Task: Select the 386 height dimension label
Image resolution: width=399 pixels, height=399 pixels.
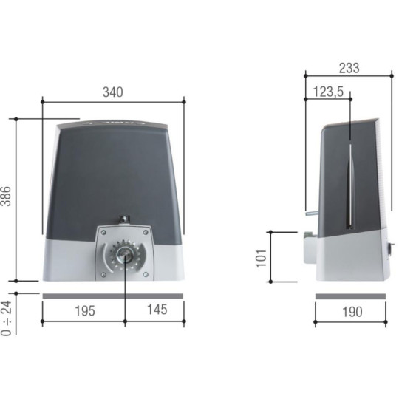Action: click(x=7, y=198)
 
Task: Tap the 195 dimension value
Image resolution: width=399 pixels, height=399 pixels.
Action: click(x=84, y=311)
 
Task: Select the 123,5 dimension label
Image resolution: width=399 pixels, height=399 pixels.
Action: click(x=328, y=92)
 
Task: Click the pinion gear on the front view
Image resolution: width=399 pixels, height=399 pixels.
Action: click(x=125, y=254)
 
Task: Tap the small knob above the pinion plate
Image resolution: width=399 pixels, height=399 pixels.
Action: click(x=124, y=219)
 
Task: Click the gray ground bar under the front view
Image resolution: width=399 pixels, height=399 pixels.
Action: click(x=112, y=296)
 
